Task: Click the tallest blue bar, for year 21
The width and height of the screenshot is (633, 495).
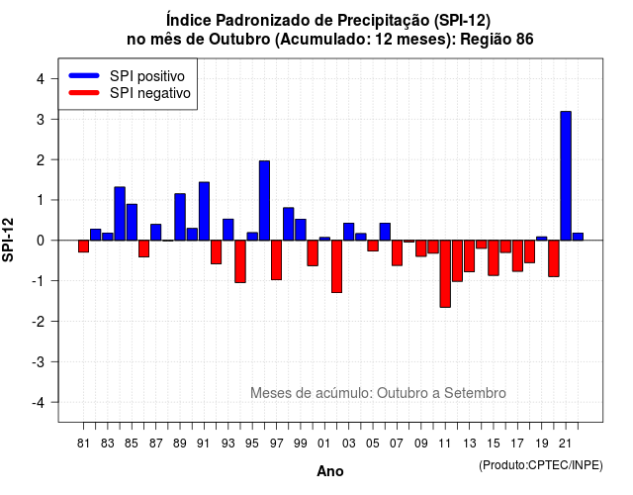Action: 566,176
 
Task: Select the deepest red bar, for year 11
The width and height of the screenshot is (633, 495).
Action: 445,274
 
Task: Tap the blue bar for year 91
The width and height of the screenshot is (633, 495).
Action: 204,211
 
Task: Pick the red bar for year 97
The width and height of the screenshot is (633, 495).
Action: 276,259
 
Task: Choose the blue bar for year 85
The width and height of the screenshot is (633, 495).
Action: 132,222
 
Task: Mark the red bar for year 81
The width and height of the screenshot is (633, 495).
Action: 83,247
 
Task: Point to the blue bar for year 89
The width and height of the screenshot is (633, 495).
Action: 180,217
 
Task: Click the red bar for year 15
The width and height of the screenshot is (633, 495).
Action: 494,257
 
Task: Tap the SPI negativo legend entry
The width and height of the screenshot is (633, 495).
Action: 130,93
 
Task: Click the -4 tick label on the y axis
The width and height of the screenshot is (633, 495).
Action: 39,403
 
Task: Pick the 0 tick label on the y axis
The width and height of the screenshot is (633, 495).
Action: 41,241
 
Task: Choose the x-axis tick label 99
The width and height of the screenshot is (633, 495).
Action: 301,444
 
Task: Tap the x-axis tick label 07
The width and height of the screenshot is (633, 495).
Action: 397,444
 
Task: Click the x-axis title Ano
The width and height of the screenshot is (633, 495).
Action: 330,471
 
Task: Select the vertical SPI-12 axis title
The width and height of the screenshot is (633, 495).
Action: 8,240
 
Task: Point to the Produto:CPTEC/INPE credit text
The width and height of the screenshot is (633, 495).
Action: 541,465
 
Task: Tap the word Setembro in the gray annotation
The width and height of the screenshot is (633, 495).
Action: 475,393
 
